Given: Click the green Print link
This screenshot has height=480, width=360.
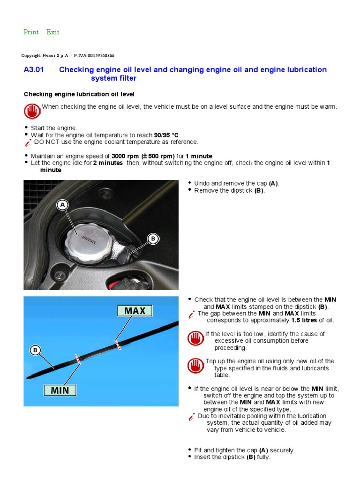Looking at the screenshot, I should [31, 32].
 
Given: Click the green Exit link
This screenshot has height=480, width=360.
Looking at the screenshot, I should [53, 32].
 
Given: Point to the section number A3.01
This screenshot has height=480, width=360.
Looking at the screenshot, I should [33, 70].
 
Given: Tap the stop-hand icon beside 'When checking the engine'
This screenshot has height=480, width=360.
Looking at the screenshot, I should [32, 111].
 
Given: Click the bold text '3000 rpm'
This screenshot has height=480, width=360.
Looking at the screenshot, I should [125, 156].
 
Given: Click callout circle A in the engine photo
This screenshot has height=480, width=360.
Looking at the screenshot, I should [62, 204].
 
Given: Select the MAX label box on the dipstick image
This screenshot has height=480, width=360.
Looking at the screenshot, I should [135, 310].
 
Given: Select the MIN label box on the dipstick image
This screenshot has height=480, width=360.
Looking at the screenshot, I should [60, 390].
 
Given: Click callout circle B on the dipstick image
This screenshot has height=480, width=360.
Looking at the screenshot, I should [34, 350].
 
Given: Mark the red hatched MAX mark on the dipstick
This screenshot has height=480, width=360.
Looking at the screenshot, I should [118, 345].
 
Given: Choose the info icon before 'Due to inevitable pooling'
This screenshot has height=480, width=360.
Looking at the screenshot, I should [191, 417].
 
